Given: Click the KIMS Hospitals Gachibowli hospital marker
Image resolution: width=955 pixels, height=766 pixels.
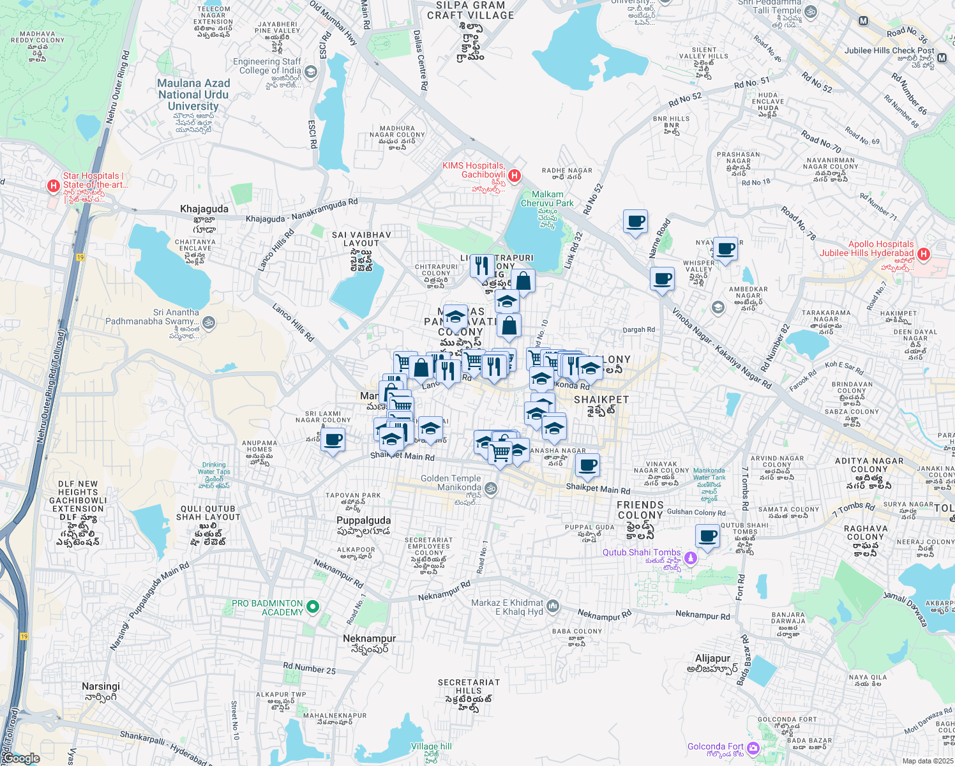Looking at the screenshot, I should [x=515, y=175].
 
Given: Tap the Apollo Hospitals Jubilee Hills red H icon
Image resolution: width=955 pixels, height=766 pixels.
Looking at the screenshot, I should [x=922, y=255].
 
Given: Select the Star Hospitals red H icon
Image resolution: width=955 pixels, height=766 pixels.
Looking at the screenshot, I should [x=54, y=186].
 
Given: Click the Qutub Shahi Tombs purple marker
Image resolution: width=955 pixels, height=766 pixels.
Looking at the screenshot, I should [x=689, y=559].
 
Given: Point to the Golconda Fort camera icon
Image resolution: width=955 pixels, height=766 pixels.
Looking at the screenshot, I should [x=753, y=747].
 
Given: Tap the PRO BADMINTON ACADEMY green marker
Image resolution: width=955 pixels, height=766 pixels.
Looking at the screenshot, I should [x=312, y=606].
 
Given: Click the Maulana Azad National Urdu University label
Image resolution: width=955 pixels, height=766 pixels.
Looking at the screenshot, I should [x=193, y=94].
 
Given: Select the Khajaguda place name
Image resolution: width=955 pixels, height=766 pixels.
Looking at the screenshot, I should [x=204, y=209].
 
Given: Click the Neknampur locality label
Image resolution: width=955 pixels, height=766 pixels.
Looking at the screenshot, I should [x=369, y=638].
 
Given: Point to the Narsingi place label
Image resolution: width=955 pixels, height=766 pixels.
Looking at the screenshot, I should [x=101, y=686].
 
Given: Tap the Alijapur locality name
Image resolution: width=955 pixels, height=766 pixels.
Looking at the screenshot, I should [x=712, y=658].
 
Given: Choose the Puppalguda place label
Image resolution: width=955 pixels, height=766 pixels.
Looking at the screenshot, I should [x=363, y=520].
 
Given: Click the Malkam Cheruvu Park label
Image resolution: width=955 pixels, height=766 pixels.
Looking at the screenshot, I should [x=547, y=199].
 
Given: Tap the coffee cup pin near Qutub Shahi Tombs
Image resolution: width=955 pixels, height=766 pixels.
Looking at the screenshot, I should [x=707, y=536].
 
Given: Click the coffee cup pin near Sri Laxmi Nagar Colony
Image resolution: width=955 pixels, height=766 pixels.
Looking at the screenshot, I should [x=333, y=440].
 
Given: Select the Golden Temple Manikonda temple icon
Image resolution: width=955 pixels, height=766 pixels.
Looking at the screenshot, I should [x=490, y=489].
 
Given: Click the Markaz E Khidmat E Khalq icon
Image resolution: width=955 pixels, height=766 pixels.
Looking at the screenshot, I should [x=552, y=606].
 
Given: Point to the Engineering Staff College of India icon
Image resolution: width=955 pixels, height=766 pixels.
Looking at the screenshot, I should [x=310, y=71].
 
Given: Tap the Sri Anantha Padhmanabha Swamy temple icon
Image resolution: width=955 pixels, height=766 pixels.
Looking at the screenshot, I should [x=209, y=322].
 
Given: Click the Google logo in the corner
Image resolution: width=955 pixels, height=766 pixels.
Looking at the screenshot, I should [x=20, y=758].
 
